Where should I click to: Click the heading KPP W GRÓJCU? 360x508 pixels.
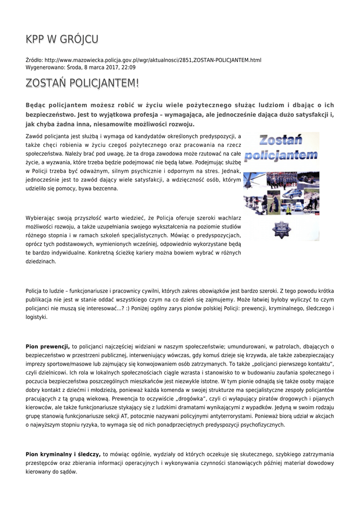pos(62,39)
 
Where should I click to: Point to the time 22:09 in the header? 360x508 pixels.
pos(129,67)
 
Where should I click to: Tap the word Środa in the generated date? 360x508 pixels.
pos(74,67)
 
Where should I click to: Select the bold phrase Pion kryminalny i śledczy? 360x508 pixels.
pos(63,454)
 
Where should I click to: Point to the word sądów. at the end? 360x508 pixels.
pos(69,472)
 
